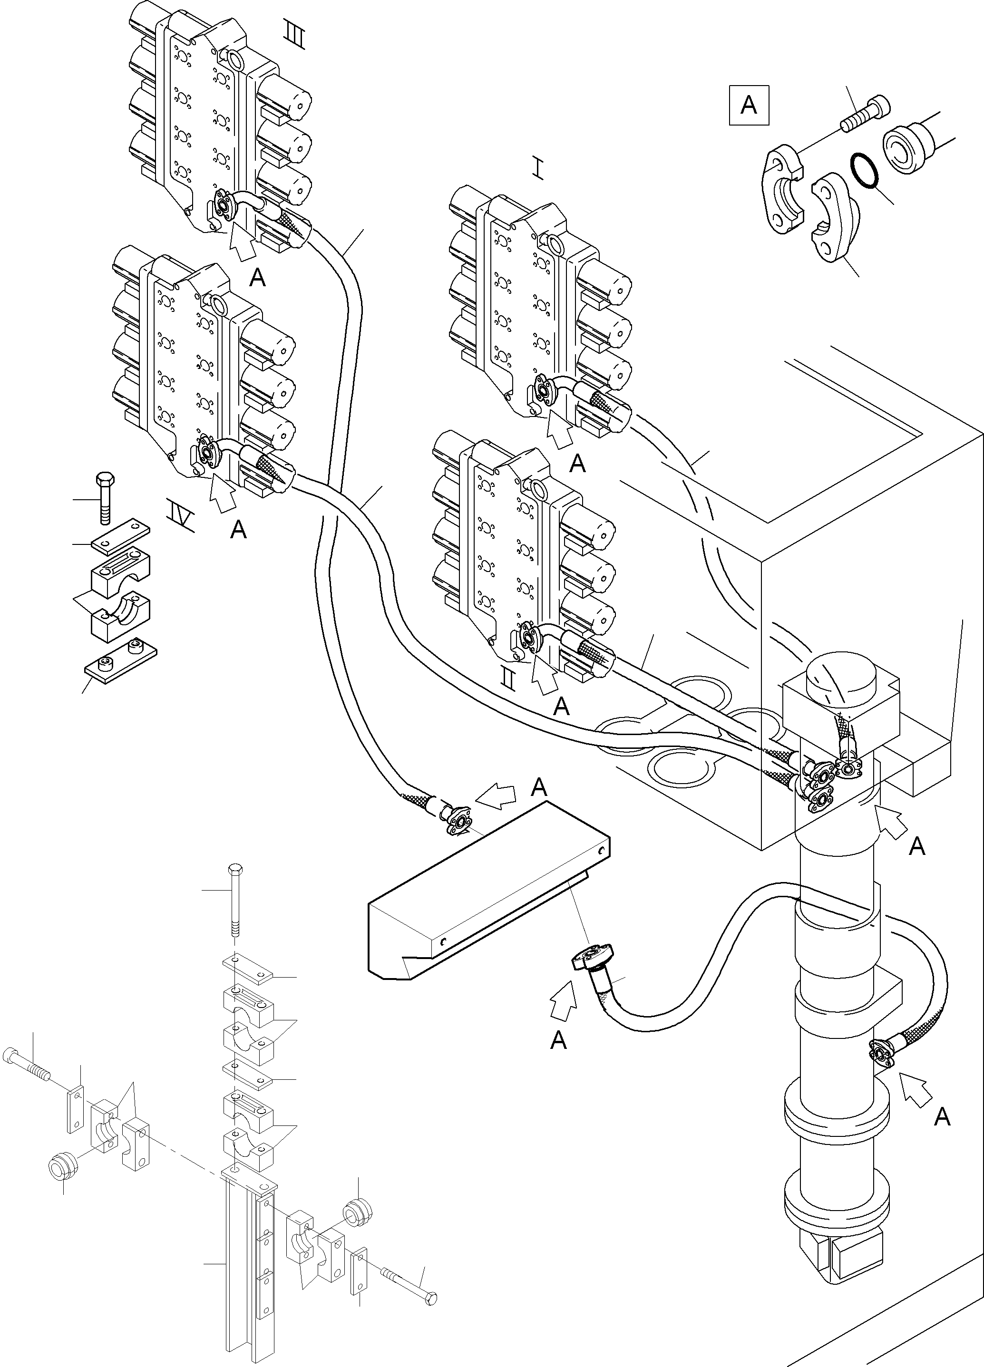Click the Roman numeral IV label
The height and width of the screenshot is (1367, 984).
[180, 516]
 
